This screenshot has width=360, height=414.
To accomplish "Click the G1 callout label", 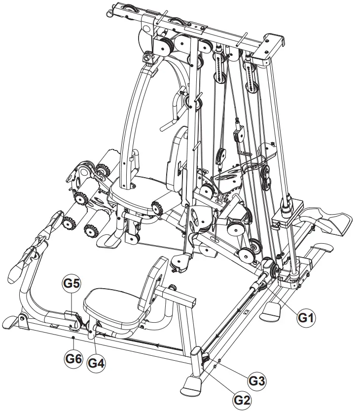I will click(306, 318).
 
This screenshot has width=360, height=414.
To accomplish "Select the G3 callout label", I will click(256, 381).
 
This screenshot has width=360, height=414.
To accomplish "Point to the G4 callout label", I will click(96, 363).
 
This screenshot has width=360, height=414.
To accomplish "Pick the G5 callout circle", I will click(72, 284).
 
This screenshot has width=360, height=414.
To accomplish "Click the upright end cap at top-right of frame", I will click(274, 44).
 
